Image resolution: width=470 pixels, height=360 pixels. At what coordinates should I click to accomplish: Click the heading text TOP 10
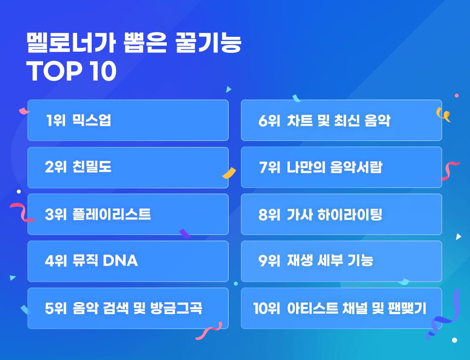[x=71, y=71]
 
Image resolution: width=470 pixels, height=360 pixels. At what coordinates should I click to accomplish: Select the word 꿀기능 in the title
[x=208, y=42]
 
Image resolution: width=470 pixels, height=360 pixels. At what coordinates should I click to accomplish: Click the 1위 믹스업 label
[x=78, y=120]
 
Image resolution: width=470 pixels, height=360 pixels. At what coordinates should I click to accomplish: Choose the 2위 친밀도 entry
[x=78, y=167]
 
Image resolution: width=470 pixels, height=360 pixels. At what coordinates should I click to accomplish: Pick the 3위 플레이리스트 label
[x=98, y=214]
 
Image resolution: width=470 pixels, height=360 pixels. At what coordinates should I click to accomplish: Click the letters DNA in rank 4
[x=120, y=261]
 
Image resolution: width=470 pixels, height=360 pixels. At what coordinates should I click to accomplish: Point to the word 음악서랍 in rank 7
[x=356, y=167]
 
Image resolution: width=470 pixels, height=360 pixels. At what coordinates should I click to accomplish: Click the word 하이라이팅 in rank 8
[x=350, y=214]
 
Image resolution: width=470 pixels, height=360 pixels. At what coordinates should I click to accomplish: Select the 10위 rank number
[x=266, y=308]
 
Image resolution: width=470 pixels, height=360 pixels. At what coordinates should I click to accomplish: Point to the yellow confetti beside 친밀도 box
[x=229, y=173]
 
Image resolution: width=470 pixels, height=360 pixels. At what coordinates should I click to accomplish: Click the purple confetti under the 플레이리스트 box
[x=185, y=234]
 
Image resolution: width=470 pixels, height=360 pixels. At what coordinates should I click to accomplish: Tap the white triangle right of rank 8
[x=458, y=237]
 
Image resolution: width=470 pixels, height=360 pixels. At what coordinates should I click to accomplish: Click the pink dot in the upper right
[x=457, y=96]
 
